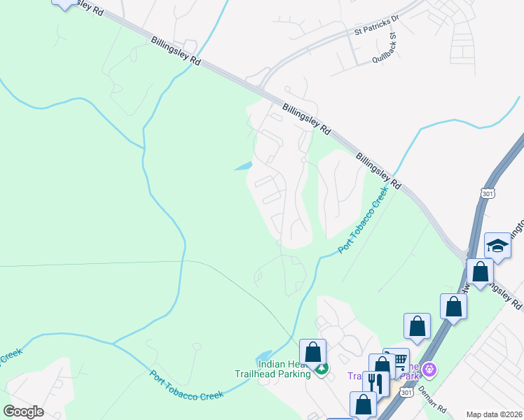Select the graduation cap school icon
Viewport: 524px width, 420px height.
click(x=497, y=246)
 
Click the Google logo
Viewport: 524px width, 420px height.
click(x=23, y=412)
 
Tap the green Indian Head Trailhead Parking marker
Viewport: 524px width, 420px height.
click(x=322, y=369)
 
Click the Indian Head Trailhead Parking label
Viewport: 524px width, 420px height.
click(x=283, y=369)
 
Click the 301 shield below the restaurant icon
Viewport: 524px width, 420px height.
click(x=407, y=393)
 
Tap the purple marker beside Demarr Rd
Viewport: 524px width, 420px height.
click(x=430, y=369)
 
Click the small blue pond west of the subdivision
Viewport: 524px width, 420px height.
click(x=242, y=167)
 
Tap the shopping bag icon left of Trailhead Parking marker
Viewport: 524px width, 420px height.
click(x=313, y=352)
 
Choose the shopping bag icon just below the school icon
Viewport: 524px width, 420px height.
click(x=481, y=272)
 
